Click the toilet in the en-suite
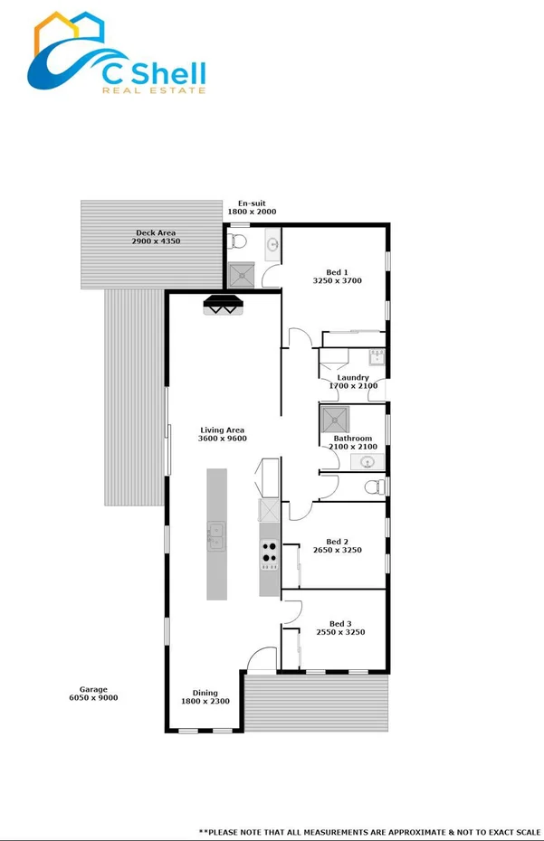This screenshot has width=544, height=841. (x=237, y=241)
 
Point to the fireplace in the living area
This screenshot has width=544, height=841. (x=224, y=306)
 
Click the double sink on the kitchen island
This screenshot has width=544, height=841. (x=215, y=536)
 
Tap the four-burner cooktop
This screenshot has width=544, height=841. (x=269, y=552)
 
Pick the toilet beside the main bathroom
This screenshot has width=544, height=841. (x=373, y=487)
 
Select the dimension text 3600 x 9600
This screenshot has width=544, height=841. (x=222, y=439)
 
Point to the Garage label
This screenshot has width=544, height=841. (x=92, y=689)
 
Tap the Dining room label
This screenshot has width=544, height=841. (x=205, y=693)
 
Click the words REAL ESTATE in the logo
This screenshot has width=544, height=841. (x=153, y=90)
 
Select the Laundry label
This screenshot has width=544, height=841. (x=353, y=377)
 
